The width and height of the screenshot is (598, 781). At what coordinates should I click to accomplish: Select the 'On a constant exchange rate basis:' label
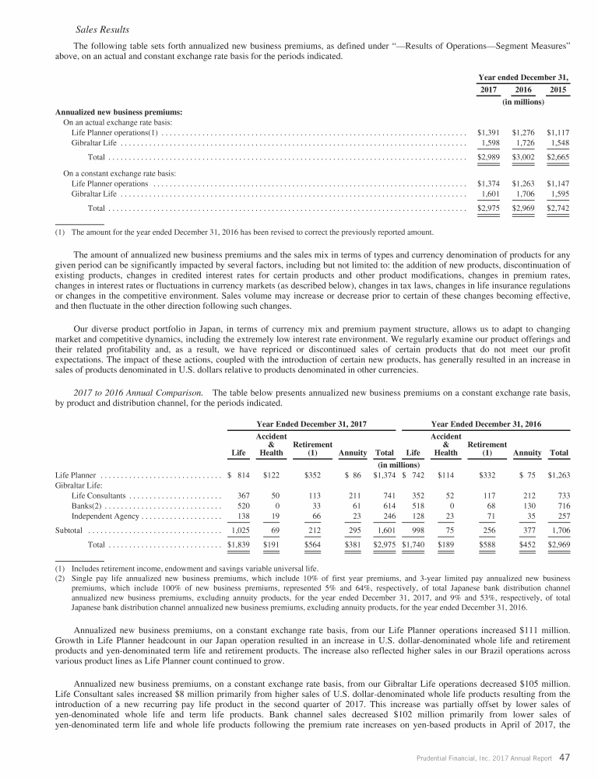pyautogui.click(x=119, y=173)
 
